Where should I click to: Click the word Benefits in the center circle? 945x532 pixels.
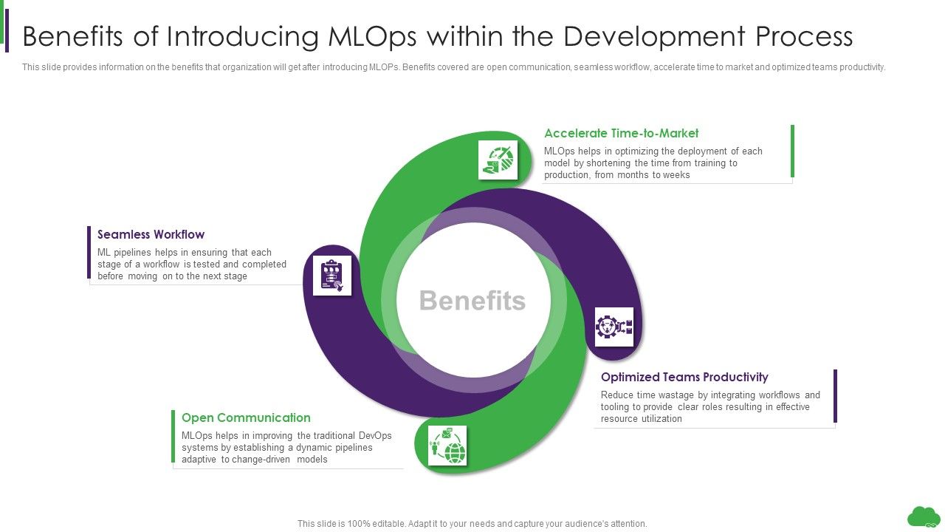(x=472, y=301)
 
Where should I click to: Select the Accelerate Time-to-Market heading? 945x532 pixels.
(x=621, y=134)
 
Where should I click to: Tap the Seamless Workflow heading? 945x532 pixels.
(x=151, y=235)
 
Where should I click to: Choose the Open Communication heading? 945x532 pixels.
(x=246, y=418)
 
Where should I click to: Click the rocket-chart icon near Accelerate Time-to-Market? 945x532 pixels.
(x=498, y=160)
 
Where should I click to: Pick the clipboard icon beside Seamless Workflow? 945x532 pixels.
(x=331, y=275)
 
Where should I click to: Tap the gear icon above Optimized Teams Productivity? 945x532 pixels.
(x=614, y=327)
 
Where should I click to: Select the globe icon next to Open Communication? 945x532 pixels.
(x=447, y=446)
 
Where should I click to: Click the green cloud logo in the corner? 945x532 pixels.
(x=923, y=516)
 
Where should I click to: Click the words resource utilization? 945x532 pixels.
(x=630, y=419)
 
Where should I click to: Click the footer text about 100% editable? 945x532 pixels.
(x=472, y=523)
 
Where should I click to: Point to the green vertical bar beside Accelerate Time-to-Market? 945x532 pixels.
(x=792, y=151)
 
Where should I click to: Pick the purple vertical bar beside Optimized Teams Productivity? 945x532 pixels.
(x=835, y=396)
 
